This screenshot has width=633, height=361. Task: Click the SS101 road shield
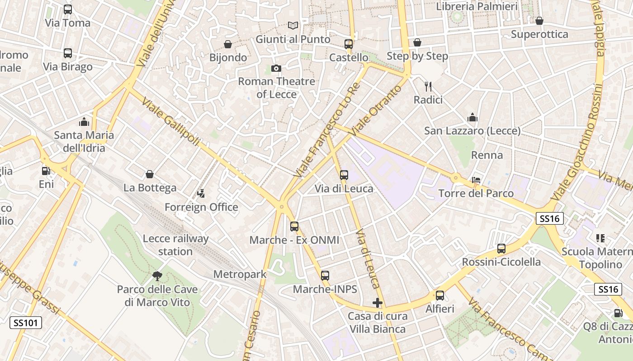(x=26, y=323)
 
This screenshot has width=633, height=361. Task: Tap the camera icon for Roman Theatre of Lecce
(x=276, y=68)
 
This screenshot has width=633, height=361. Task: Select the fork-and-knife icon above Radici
(x=428, y=86)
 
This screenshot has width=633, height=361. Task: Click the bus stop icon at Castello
(x=348, y=44)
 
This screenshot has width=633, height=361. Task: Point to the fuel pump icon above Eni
(x=46, y=171)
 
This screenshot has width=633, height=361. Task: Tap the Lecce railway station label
(x=175, y=245)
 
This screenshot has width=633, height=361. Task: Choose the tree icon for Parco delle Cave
(x=157, y=276)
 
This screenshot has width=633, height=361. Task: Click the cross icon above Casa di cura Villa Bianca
(x=378, y=303)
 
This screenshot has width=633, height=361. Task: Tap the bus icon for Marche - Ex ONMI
(x=294, y=227)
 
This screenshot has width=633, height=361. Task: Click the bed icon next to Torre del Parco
(x=476, y=180)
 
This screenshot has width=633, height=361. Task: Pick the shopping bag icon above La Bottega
(x=150, y=174)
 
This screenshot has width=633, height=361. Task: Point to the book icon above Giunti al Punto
(x=293, y=26)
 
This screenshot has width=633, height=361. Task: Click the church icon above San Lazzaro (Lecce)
(x=472, y=118)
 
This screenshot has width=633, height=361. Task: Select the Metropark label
(x=240, y=274)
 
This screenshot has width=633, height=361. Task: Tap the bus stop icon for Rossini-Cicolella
(x=501, y=249)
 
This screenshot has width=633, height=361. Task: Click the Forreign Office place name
(x=201, y=207)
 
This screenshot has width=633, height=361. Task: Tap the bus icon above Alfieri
(x=439, y=296)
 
